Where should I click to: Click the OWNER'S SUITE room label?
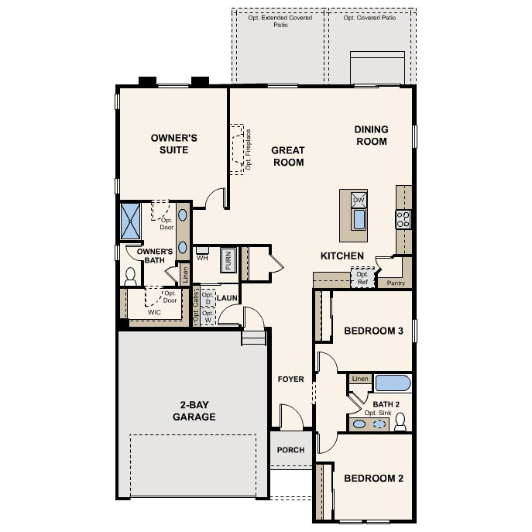tap(174, 144)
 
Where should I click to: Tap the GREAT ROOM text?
tap(287, 156)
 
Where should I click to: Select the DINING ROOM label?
tap(371, 136)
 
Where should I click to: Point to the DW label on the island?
tap(358, 200)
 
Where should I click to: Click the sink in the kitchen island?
tap(359, 219)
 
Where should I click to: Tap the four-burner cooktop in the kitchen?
tap(403, 219)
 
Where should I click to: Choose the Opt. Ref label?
tap(362, 278)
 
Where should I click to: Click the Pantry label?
tap(395, 284)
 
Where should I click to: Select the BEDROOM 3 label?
tap(373, 331)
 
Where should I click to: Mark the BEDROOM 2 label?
tap(373, 478)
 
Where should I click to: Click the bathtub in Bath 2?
tap(393, 383)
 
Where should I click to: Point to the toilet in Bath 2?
tap(400, 421)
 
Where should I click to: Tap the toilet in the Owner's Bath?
tap(129, 276)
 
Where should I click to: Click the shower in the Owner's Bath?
tap(129, 220)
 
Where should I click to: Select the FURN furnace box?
tap(228, 259)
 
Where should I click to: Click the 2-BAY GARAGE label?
tap(194, 410)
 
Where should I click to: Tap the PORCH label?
tap(290, 450)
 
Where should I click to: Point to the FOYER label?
tap(291, 379)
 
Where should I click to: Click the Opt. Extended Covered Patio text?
tap(279, 20)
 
